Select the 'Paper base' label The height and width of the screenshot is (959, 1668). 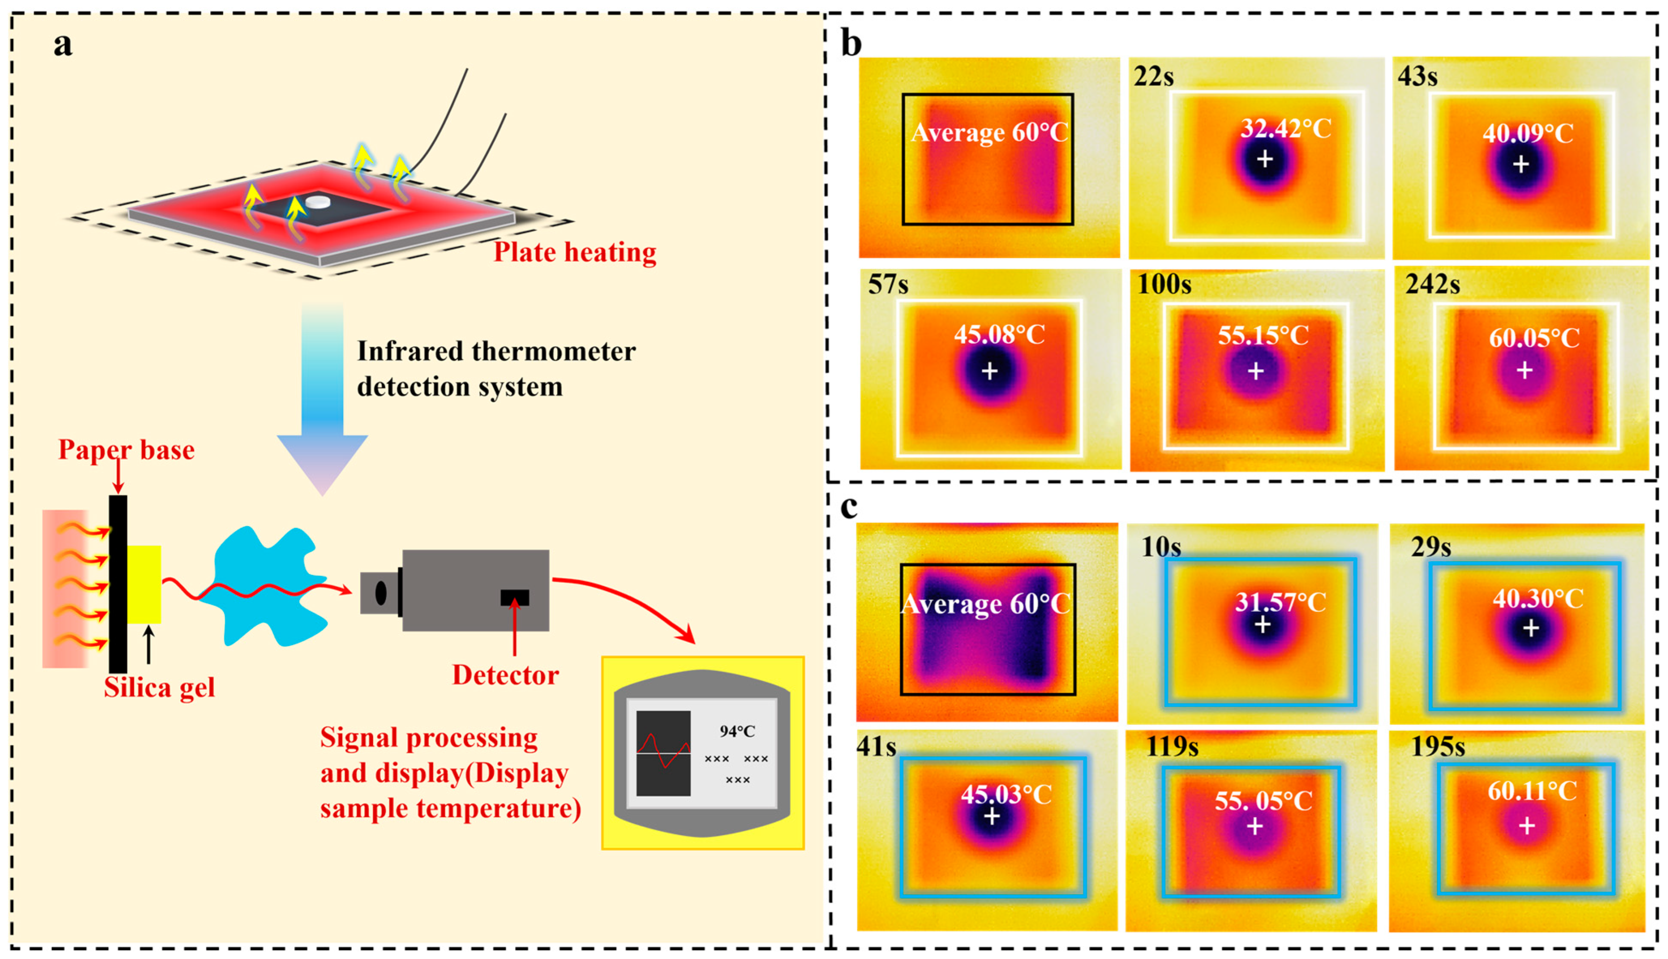(127, 450)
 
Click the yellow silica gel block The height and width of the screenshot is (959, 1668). (144, 584)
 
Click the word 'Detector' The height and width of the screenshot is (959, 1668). (505, 675)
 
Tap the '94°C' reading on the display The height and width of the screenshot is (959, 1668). (737, 731)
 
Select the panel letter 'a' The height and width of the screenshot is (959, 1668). (63, 45)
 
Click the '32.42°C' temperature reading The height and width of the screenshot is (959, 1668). (1285, 128)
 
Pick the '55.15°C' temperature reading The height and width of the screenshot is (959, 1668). (1262, 335)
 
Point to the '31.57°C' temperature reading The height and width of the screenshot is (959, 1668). (1280, 602)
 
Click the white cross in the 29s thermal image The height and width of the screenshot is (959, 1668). (1531, 628)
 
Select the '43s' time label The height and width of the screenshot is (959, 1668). (1418, 77)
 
